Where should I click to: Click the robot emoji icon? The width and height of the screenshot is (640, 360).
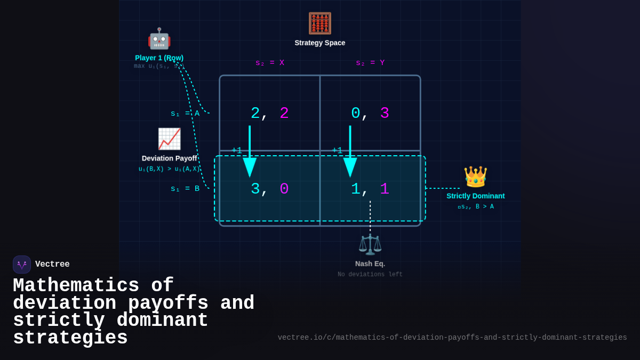point(159,39)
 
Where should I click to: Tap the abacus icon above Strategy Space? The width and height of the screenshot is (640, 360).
point(319,23)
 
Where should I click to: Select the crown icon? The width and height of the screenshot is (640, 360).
point(475,177)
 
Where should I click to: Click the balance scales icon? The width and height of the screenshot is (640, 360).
point(370,244)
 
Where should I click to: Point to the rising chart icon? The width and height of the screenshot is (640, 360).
point(169,139)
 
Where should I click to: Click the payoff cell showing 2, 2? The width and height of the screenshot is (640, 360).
point(270,113)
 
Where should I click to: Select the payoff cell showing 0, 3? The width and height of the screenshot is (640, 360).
point(370,113)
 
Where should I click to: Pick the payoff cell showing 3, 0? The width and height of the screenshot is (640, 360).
point(270,189)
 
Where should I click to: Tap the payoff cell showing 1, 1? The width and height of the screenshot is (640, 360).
point(370,189)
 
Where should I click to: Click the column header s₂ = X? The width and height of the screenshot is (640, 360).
point(270,63)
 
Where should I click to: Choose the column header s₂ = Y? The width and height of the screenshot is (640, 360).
point(370,63)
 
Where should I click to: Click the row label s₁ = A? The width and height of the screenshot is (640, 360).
point(185,114)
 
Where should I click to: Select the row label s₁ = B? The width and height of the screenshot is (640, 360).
point(185,189)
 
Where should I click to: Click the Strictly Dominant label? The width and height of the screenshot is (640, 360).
point(475,196)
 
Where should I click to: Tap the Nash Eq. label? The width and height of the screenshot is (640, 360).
point(370,263)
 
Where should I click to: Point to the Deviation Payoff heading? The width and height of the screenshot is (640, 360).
point(169,158)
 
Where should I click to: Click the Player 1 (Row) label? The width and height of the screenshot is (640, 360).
point(159,58)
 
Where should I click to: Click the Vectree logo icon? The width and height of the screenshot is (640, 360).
point(22,265)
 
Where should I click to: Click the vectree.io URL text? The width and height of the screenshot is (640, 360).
point(452,338)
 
